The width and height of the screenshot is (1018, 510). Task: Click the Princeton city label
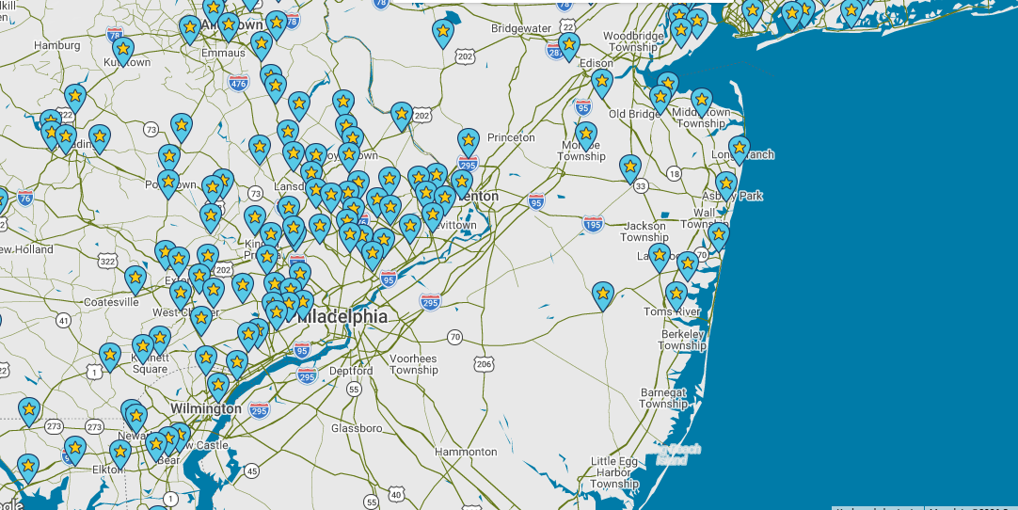pyautogui.click(x=511, y=137)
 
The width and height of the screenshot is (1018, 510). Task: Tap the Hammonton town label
pyautogui.click(x=466, y=453)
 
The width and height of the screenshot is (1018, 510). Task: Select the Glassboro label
pyautogui.click(x=357, y=428)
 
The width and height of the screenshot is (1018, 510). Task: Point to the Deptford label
pyautogui.click(x=351, y=371)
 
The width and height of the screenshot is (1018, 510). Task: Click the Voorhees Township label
pyautogui.click(x=414, y=364)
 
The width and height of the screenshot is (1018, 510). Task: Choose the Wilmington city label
pyautogui.click(x=206, y=409)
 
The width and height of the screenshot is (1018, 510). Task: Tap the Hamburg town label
pyautogui.click(x=57, y=45)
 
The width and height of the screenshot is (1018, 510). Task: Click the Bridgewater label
pyautogui.click(x=521, y=28)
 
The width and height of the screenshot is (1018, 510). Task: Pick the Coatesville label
pyautogui.click(x=111, y=302)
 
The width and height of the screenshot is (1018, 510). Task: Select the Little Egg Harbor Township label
pyautogui.click(x=615, y=472)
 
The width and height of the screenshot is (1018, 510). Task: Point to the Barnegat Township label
pyautogui.click(x=664, y=398)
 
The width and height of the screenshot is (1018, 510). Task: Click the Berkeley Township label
pyautogui.click(x=683, y=340)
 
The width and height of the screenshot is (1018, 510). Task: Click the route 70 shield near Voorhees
pyautogui.click(x=455, y=337)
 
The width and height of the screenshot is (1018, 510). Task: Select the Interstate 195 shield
pyautogui.click(x=593, y=224)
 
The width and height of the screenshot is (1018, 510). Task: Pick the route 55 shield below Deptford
pyautogui.click(x=354, y=389)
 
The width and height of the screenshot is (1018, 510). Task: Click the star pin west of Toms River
pyautogui.click(x=603, y=295)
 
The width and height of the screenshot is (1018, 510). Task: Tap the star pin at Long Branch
pyautogui.click(x=739, y=149)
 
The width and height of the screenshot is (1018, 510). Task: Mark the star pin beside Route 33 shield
pyautogui.click(x=630, y=167)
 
